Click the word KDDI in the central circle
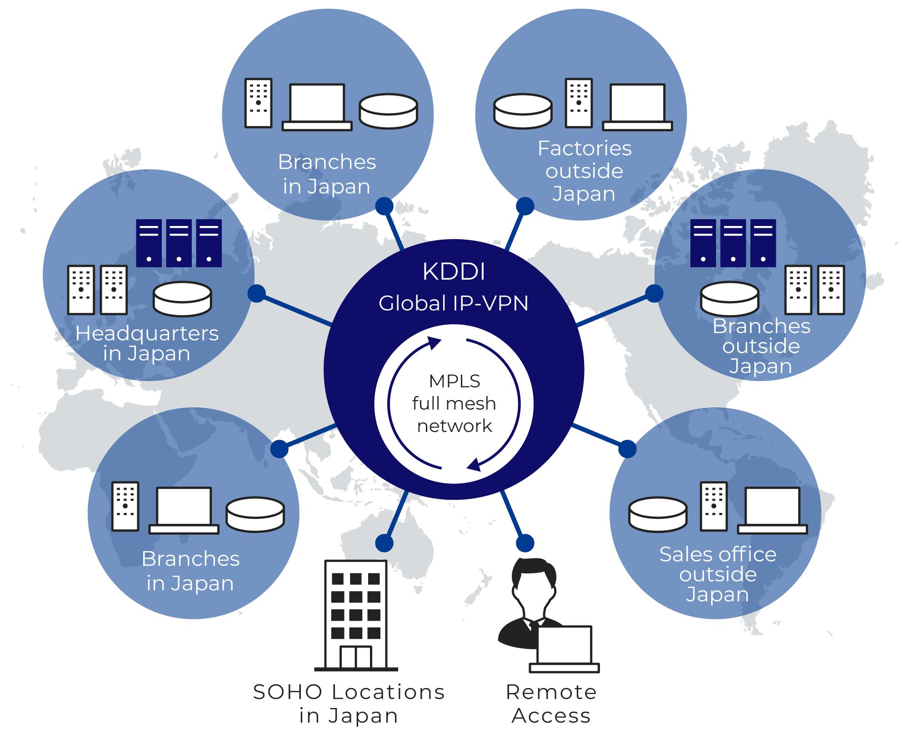[454, 271]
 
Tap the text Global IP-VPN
[454, 303]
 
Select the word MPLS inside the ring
[454, 381]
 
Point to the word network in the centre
[454, 426]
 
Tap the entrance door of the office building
[356, 657]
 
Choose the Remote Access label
[551, 703]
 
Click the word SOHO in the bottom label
[287, 692]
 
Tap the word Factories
[584, 148]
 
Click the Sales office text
[718, 554]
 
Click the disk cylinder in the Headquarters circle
[182, 298]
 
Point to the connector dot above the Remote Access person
[525, 543]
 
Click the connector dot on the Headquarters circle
[257, 294]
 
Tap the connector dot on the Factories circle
[525, 206]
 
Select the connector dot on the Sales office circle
[627, 449]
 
